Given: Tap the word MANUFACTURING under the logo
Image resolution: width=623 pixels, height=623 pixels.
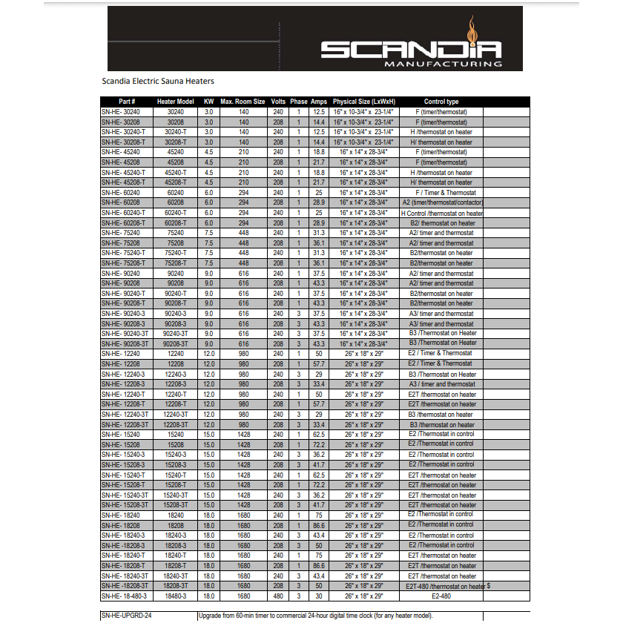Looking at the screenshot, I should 443,65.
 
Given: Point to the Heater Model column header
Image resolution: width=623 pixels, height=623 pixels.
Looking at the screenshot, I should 175,102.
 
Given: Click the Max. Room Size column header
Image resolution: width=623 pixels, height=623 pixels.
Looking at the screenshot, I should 243,102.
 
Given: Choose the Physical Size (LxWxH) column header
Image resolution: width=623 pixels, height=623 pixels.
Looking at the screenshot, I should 363,102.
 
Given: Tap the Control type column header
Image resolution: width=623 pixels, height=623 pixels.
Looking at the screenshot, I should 441,102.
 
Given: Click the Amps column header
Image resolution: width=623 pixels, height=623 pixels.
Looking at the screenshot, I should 319,102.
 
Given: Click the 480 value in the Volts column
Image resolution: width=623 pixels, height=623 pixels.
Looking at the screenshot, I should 278,596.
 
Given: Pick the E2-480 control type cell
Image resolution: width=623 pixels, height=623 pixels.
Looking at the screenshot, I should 441,596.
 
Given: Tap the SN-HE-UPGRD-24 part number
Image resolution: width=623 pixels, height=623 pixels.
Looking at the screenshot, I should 131,616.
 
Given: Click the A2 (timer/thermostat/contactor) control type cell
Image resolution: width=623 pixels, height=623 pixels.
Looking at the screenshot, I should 442,202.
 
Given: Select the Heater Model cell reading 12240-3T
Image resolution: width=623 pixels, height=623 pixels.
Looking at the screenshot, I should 175,415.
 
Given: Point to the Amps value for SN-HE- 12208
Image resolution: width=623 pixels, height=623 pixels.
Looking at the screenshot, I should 319,364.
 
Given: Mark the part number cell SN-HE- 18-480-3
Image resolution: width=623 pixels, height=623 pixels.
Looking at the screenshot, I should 125,596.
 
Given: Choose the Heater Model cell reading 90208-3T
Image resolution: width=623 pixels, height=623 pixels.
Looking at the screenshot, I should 175,343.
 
